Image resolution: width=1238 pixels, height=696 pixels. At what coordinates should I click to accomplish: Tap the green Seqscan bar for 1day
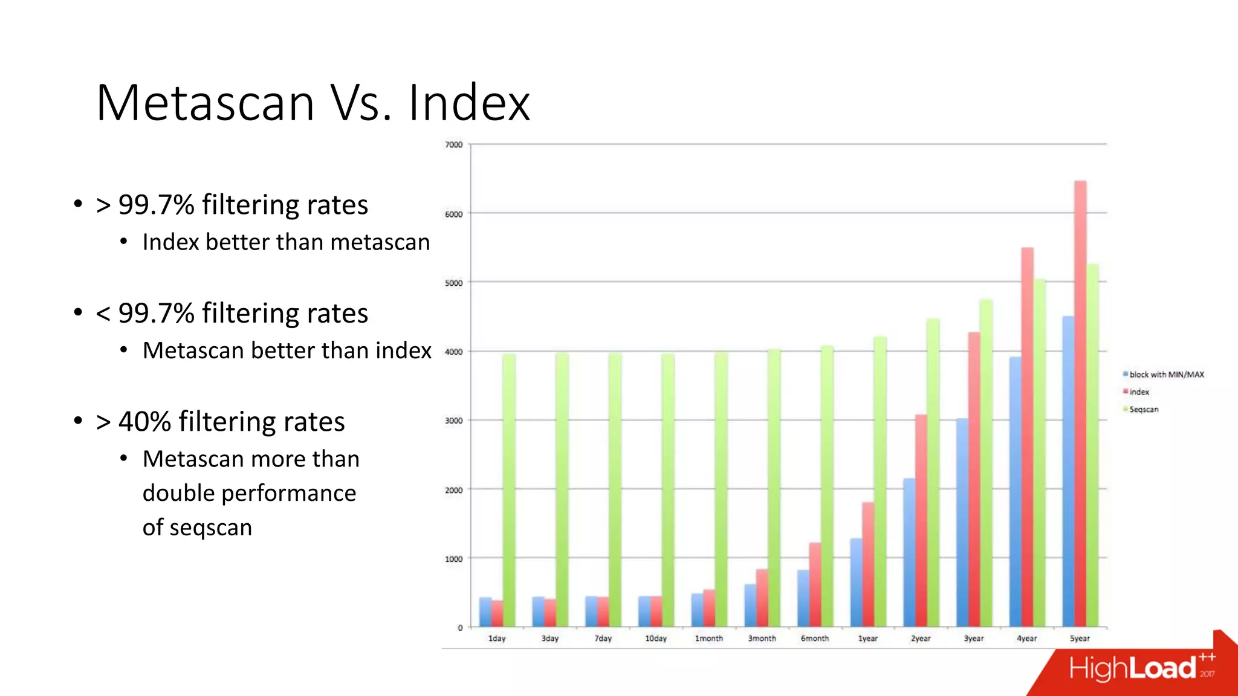(509, 490)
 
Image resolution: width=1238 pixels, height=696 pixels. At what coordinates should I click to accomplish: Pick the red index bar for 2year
(921, 520)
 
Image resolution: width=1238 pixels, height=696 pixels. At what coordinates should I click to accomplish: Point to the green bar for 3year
(986, 462)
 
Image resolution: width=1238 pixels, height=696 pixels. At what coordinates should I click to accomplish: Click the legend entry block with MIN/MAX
(1166, 375)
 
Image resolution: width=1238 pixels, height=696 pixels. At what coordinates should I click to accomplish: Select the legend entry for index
(1139, 392)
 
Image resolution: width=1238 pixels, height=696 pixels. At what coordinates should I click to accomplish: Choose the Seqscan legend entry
(1144, 410)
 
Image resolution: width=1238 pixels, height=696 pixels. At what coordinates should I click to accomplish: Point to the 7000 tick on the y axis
(453, 145)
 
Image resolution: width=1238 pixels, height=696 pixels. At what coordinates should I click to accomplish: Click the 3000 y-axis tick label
(453, 421)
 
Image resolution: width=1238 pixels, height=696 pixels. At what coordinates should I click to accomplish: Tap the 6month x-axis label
(815, 639)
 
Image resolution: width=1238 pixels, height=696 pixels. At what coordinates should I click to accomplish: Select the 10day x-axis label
(656, 639)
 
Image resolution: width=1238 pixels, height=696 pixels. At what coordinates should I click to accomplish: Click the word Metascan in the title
(206, 103)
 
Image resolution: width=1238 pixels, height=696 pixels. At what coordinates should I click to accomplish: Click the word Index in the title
(469, 103)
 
